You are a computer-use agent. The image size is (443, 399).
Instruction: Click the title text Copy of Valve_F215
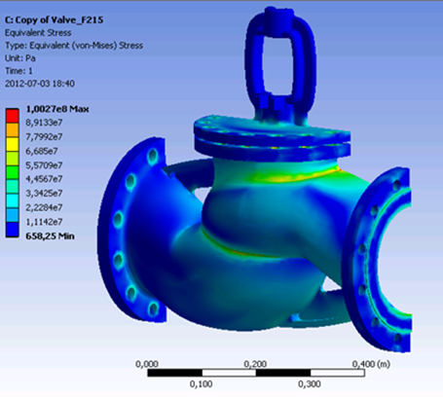(58, 19)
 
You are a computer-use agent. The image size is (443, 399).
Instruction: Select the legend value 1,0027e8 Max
(57, 109)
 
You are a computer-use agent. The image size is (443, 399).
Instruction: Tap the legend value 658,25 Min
(50, 236)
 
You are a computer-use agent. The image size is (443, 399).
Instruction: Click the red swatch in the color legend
(13, 116)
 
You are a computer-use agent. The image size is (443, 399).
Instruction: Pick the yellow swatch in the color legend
(13, 144)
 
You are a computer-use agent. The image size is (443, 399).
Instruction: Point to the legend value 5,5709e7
(44, 165)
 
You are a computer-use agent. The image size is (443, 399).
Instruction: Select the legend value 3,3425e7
(44, 194)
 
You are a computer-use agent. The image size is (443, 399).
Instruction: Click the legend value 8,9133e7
(44, 123)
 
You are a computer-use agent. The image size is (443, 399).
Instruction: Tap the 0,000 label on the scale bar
(147, 364)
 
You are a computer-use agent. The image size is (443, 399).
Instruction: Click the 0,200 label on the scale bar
(255, 364)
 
